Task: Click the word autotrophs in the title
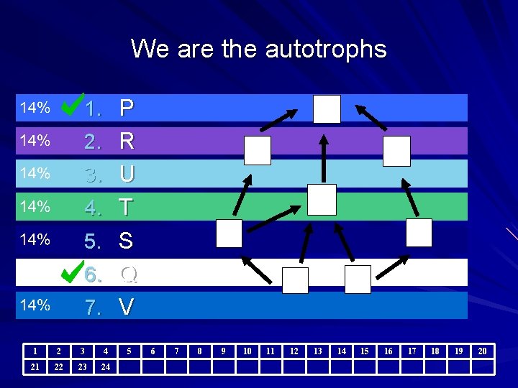[326, 50]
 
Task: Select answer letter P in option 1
[127, 108]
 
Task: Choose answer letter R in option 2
[127, 142]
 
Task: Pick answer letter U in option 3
[127, 175]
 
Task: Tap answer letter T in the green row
[127, 208]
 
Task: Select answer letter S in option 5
[126, 241]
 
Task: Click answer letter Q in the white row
[128, 274]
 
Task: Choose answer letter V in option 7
[127, 307]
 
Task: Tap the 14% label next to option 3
[35, 174]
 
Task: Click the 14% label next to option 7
[35, 306]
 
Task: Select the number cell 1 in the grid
[35, 351]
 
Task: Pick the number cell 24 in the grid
[106, 366]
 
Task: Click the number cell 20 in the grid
[482, 351]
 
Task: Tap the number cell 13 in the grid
[317, 351]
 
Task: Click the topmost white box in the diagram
[327, 109]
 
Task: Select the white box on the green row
[322, 199]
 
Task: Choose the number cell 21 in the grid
[35, 366]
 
